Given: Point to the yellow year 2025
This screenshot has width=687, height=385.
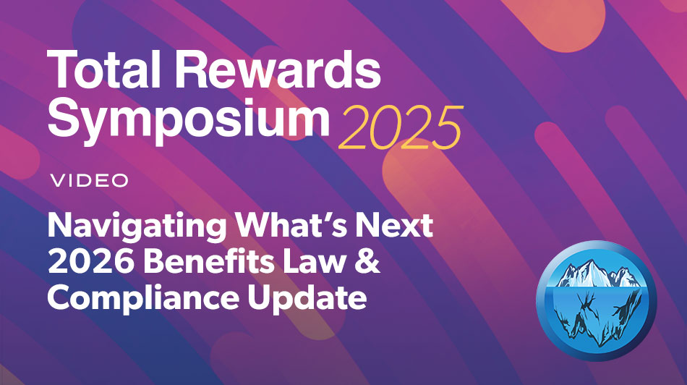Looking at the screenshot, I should coord(399,129).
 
